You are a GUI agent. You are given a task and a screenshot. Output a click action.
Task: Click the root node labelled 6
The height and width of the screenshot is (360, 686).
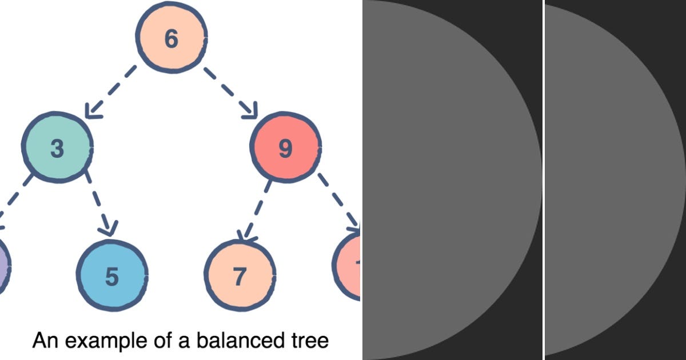click(171, 38)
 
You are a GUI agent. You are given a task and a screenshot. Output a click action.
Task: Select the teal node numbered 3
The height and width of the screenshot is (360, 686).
click(57, 148)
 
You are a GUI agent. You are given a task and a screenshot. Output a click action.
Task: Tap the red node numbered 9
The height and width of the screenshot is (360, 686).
click(285, 148)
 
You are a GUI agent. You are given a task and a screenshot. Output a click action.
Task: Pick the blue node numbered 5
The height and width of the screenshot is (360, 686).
click(112, 277)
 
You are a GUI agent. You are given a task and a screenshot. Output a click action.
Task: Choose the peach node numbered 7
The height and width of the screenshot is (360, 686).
click(240, 277)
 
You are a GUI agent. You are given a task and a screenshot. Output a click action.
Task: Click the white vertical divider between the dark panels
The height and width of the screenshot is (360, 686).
click(543, 180)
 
